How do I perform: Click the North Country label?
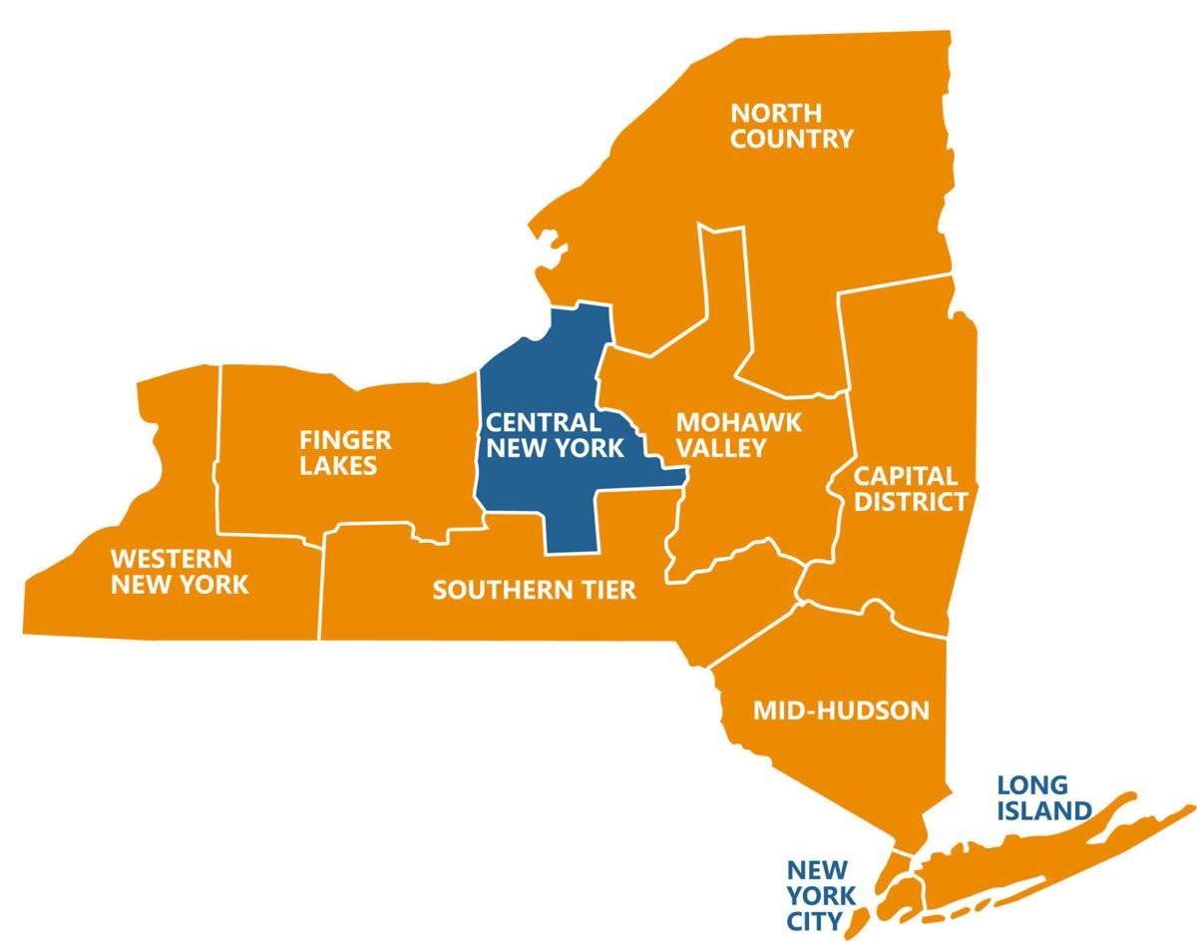792,125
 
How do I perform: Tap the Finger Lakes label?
345,452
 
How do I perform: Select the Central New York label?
555,435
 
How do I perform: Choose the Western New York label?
180,571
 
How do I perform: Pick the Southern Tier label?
534,590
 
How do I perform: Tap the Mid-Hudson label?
841,710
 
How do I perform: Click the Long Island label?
1044,797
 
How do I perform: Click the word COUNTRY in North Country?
792,139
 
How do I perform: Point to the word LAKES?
342,466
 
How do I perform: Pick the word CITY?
813,919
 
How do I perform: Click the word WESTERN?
172,557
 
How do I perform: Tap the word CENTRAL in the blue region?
544,422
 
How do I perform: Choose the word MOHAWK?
738,421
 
